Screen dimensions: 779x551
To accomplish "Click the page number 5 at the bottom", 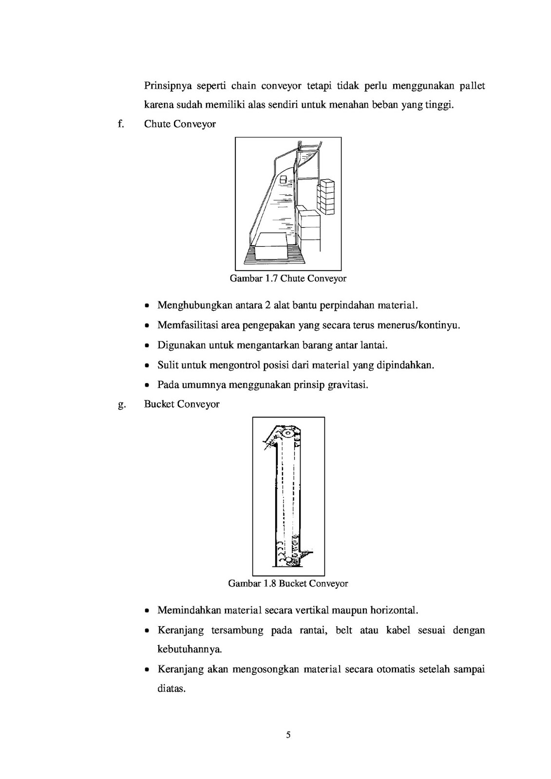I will click(x=288, y=735).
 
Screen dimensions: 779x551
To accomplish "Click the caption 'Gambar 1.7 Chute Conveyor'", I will click(x=288, y=279).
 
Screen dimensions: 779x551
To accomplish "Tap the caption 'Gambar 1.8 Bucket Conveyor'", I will click(x=288, y=583).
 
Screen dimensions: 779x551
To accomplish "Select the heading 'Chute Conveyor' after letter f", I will click(x=180, y=124).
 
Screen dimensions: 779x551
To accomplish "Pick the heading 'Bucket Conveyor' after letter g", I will click(x=182, y=404).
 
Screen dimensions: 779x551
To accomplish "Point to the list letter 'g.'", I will click(x=121, y=405).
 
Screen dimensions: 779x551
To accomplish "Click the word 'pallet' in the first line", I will click(x=471, y=86).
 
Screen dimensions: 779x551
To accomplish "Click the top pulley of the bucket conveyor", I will click(x=289, y=433).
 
